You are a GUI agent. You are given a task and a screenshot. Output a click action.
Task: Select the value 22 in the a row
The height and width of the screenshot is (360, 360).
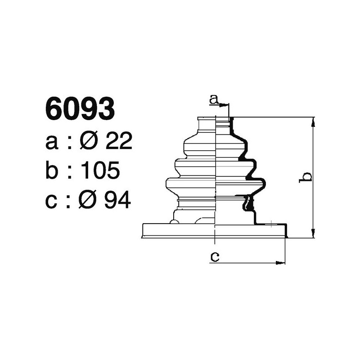[x=119, y=142]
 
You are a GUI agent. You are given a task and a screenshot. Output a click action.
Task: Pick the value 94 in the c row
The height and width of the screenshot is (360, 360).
[x=118, y=200]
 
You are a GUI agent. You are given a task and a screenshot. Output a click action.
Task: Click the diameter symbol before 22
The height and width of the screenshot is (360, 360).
[x=88, y=142]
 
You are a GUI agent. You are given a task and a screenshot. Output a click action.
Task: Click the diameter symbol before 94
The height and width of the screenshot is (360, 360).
[x=88, y=200]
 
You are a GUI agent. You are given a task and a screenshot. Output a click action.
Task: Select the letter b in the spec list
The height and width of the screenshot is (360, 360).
[x=52, y=171]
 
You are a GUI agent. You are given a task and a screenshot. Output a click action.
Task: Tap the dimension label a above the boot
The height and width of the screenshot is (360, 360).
[x=214, y=99]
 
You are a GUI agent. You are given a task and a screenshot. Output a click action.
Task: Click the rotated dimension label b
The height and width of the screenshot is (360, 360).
[x=306, y=176]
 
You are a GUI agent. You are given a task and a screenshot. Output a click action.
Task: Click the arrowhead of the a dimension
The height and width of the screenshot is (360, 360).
[x=225, y=104]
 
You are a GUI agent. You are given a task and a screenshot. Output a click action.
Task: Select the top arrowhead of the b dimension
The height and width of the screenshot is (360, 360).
[x=313, y=120]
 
